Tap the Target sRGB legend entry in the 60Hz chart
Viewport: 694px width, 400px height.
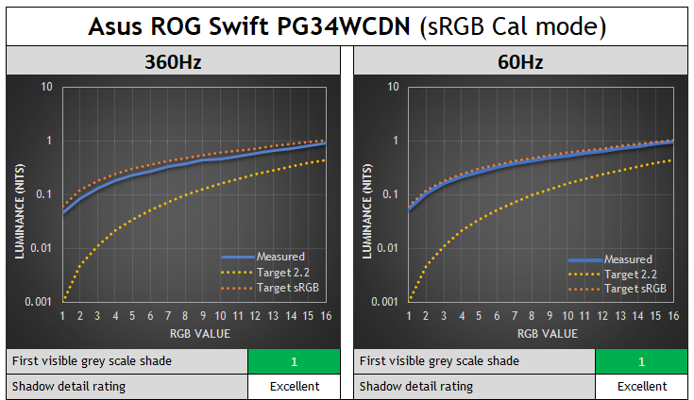click(x=635, y=289)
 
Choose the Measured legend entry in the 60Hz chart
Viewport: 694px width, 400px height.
click(x=628, y=259)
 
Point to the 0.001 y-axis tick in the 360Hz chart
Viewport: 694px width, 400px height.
click(x=39, y=302)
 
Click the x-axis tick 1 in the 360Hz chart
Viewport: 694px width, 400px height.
click(x=63, y=317)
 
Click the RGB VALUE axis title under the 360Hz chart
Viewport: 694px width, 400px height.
click(x=194, y=333)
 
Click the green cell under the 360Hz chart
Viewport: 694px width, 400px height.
click(x=294, y=361)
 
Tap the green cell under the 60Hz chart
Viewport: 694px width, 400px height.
click(x=641, y=361)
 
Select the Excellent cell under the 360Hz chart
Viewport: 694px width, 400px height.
click(x=294, y=386)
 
